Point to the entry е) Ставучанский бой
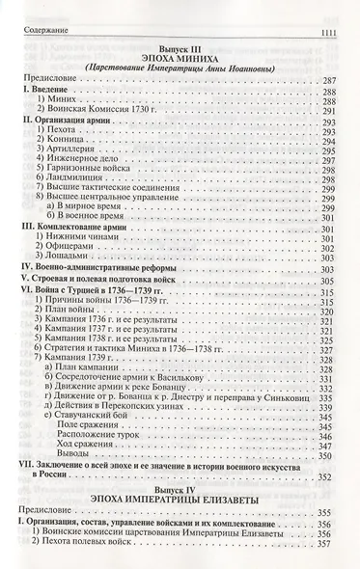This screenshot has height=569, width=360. click(102, 441)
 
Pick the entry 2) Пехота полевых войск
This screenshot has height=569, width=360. click(97, 563)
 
